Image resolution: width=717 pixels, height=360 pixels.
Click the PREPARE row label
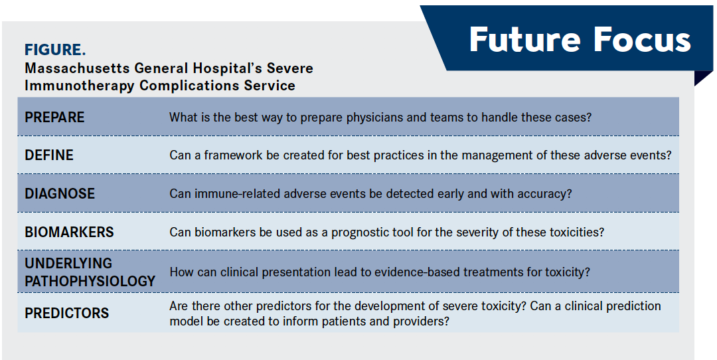coord(54,117)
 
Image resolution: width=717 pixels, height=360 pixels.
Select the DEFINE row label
coord(49,155)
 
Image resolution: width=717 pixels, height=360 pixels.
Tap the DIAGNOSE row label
coord(60,193)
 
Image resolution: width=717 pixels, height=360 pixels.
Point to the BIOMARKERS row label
coord(69,232)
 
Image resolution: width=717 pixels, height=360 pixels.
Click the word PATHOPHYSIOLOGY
coord(90,281)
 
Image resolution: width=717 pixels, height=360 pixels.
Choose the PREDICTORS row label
coord(67,314)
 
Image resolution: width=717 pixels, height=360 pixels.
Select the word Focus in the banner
coord(643,39)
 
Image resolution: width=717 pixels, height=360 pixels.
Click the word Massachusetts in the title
coord(77,68)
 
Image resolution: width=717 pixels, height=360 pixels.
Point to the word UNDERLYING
coord(68,264)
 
